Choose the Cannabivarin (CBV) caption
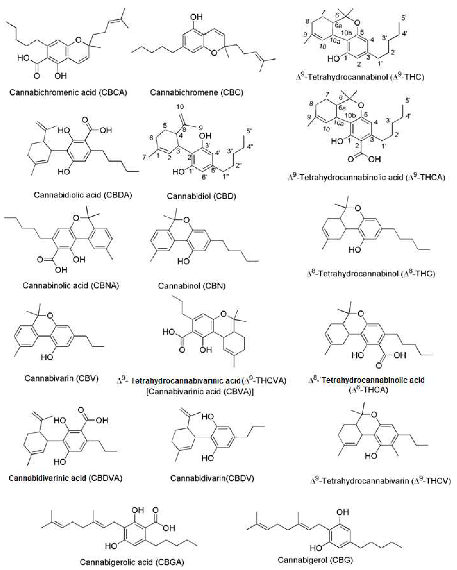point(61,378)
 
